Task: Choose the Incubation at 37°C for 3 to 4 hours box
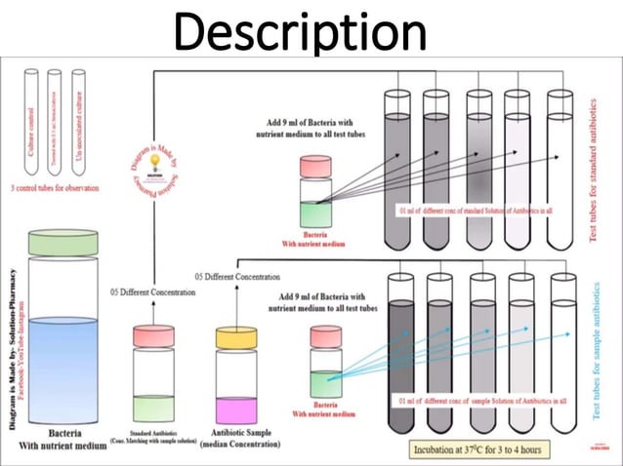477,449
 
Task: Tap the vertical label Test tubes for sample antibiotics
599,350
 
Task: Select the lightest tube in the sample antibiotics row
562,356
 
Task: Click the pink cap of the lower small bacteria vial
326,334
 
